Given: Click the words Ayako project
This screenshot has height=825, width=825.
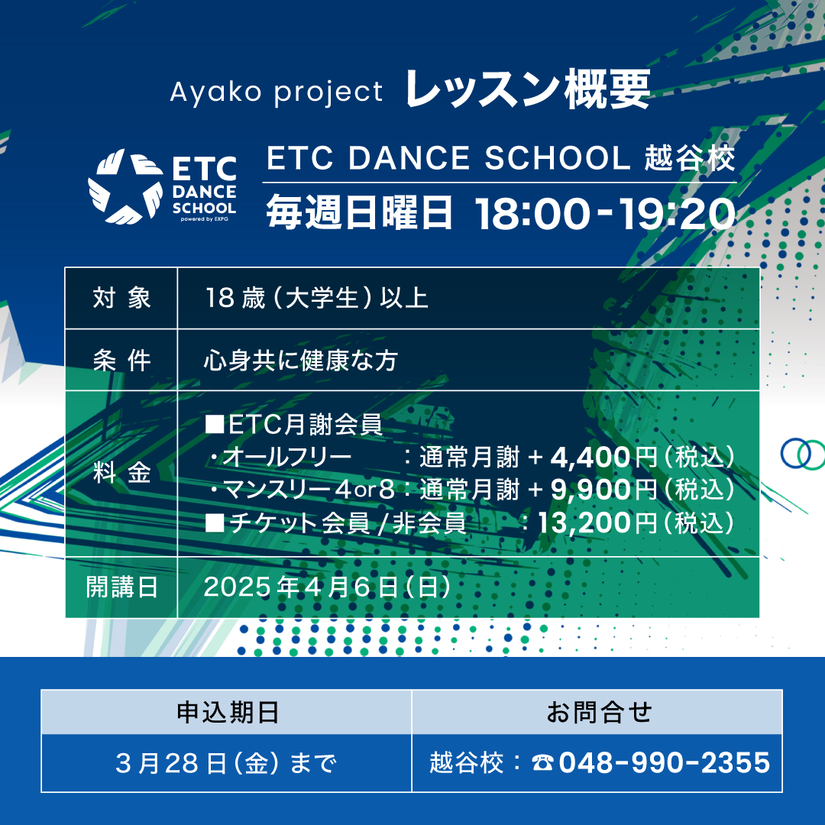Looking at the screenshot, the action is point(277,92).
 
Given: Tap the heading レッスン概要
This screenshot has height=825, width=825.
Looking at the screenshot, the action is point(528,89).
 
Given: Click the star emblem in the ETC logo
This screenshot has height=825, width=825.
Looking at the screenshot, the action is point(125,186).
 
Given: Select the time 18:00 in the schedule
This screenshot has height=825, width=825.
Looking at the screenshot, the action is point(532,213).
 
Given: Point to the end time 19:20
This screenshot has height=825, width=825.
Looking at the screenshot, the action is point(676,213).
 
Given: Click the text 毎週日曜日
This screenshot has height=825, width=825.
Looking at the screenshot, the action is point(359,212).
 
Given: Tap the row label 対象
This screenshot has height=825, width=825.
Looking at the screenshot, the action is point(121,298).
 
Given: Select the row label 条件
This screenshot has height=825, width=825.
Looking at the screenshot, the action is point(121,361).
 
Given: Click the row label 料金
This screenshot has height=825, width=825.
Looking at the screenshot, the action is point(121,472).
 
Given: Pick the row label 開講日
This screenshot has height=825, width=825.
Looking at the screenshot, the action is point(121,587).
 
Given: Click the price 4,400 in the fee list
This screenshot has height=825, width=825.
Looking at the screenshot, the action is point(590,458).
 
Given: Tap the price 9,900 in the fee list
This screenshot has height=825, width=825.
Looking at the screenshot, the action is point(590,490).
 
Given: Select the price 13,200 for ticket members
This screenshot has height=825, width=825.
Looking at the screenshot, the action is point(584,523).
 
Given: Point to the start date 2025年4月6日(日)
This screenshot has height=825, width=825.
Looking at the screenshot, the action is point(327,587).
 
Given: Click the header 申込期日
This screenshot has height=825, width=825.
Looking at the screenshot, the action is point(228,713).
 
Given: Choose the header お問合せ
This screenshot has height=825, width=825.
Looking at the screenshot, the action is point(599,713).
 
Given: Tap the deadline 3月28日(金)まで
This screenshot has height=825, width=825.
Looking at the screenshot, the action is point(225,763).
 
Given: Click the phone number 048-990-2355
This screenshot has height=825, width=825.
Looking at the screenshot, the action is point(665,763).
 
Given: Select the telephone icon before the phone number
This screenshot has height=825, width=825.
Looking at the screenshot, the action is point(542,763).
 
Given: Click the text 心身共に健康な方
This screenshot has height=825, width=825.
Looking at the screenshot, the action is point(300,361).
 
